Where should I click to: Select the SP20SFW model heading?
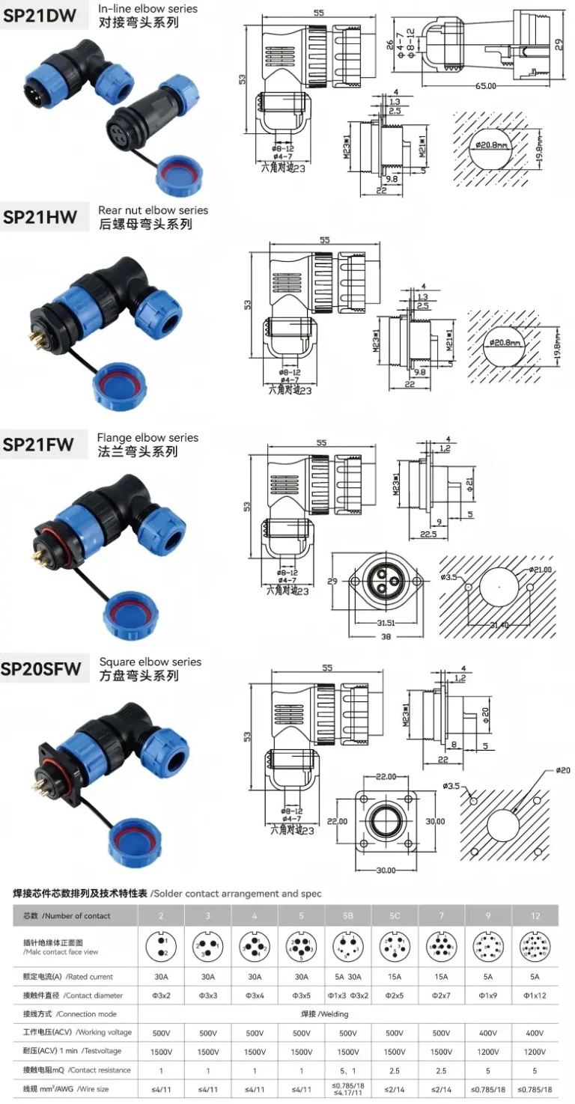tap(41, 668)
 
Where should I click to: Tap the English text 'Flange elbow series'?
tap(147, 438)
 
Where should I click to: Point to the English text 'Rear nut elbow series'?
tap(153, 210)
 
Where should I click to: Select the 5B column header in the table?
tap(348, 915)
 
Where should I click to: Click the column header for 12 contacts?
tap(535, 915)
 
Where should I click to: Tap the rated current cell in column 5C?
tap(395, 977)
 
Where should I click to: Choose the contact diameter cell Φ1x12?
tap(535, 995)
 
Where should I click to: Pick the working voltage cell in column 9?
tap(488, 1033)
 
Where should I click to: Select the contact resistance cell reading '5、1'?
tap(348, 1070)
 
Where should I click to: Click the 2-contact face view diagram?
tap(161, 947)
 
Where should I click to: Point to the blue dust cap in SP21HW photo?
tap(119, 384)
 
